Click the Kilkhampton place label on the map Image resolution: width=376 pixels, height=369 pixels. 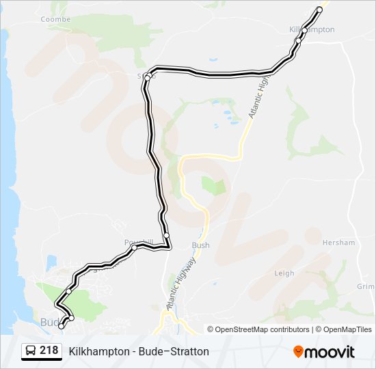coord(312,29)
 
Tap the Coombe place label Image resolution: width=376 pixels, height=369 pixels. coord(55,19)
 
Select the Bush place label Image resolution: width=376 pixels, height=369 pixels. coord(201,245)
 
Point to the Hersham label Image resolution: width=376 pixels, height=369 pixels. coord(338,243)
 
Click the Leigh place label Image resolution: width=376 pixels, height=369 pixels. coord(284,273)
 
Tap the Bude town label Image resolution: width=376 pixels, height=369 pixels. coord(50,322)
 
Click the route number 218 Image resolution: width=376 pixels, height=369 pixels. coord(49,351)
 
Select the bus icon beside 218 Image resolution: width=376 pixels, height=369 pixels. coord(31,351)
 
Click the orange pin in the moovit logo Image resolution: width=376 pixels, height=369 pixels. coord(299,352)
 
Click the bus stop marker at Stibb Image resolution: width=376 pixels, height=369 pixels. coord(147,78)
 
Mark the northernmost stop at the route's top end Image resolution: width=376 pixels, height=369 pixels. coord(319,10)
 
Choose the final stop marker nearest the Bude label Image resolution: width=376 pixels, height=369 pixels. coord(62,326)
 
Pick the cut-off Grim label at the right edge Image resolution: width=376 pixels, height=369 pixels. coord(366,287)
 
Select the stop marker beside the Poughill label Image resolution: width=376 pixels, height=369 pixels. coord(134,247)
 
